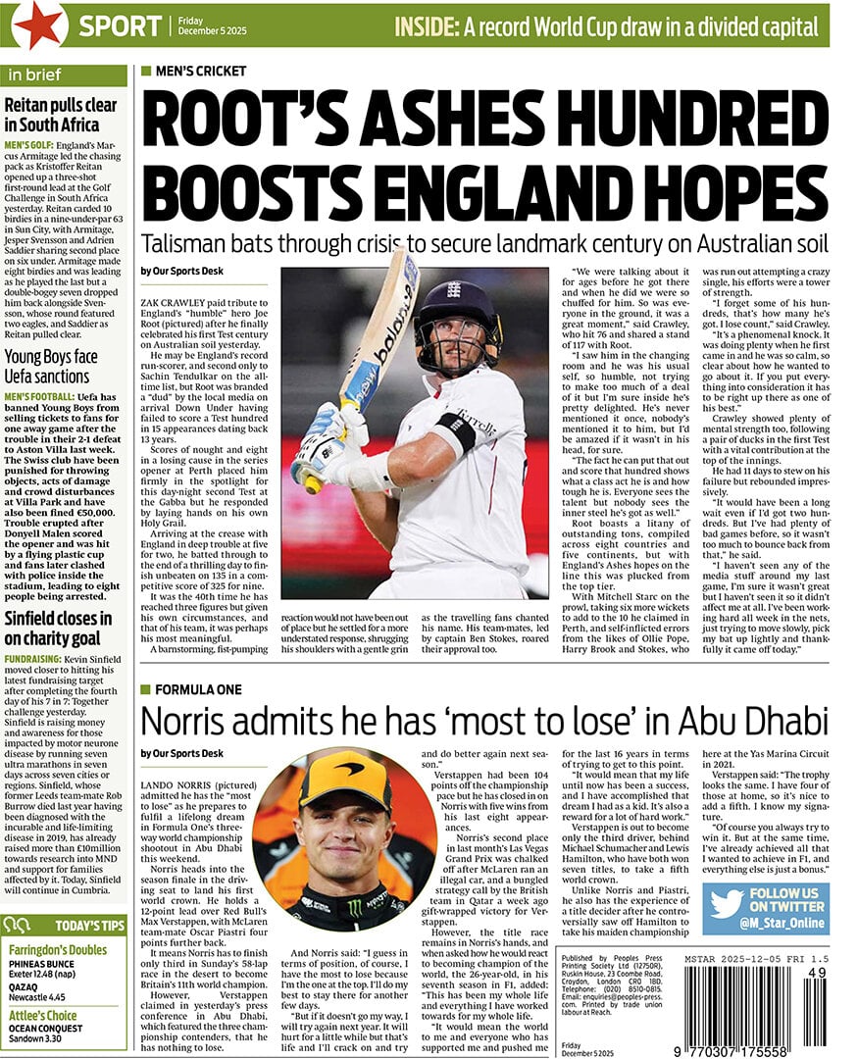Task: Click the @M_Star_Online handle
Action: click(783, 923)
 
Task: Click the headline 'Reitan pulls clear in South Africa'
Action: click(61, 115)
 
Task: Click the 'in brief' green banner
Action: click(64, 76)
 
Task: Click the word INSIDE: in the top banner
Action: click(428, 25)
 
